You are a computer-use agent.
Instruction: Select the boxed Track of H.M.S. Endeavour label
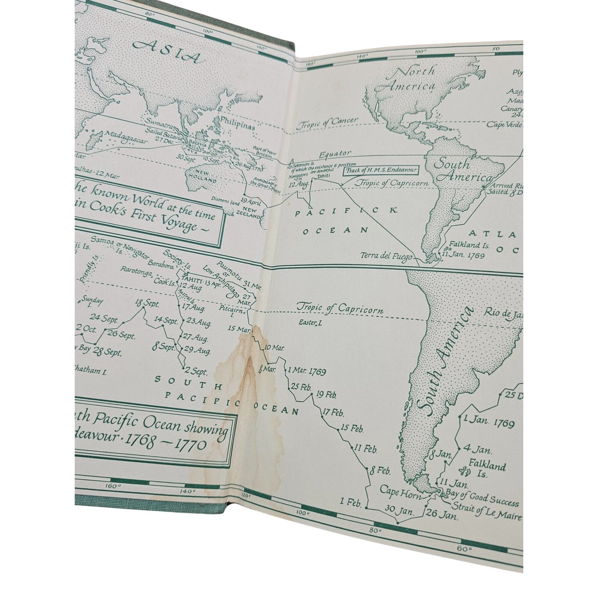379,169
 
